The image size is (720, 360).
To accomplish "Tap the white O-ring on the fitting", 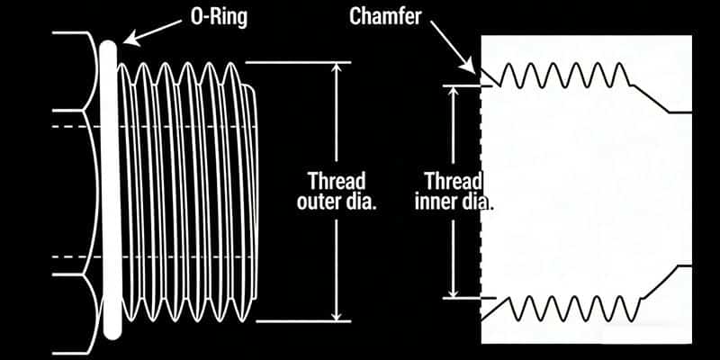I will [111, 189].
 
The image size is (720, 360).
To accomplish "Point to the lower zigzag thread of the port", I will [558, 309].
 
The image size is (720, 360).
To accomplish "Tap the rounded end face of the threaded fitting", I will [259, 191].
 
